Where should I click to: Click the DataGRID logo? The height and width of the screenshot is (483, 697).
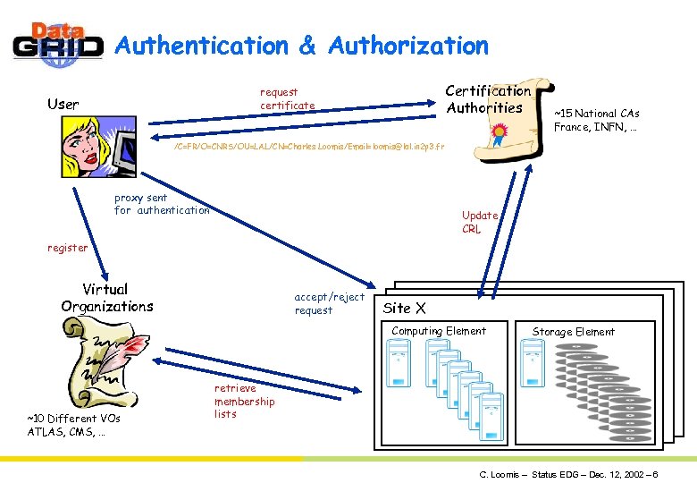click(58, 44)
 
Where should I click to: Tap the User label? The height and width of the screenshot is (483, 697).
click(63, 104)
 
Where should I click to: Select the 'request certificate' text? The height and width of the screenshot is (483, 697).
click(287, 98)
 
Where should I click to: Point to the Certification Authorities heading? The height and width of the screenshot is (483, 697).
click(487, 98)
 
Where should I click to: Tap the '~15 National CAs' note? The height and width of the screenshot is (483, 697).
click(596, 120)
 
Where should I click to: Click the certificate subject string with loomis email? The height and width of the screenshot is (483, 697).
click(309, 144)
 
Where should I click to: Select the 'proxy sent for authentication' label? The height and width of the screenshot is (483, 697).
click(162, 204)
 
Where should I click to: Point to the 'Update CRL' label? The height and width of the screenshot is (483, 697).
click(479, 222)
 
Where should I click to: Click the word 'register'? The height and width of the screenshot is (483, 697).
click(68, 248)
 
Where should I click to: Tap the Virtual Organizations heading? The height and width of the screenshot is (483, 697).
click(106, 298)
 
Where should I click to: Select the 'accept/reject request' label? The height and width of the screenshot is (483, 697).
click(329, 303)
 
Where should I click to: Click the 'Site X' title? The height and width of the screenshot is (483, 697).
click(404, 309)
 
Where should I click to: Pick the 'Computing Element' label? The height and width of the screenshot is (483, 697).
click(439, 331)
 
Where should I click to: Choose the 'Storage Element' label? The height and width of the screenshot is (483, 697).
click(573, 332)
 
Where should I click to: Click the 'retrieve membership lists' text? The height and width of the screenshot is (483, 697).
click(244, 401)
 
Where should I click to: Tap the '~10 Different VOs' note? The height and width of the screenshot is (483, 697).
click(73, 425)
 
